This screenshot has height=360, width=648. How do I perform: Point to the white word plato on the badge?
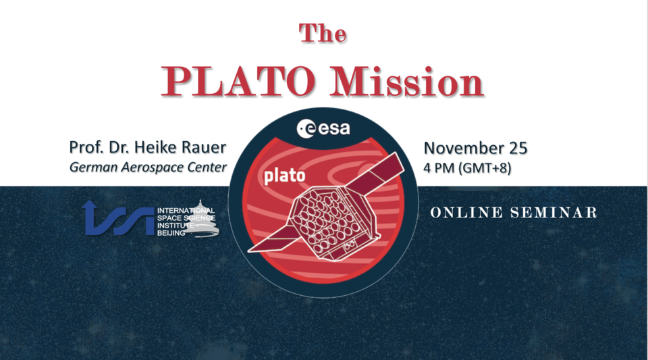[284, 176]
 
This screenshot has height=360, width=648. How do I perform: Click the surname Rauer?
[203, 147]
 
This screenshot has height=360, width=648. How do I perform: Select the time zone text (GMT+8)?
[484, 167]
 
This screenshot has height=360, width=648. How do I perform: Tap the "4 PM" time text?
[438, 167]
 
